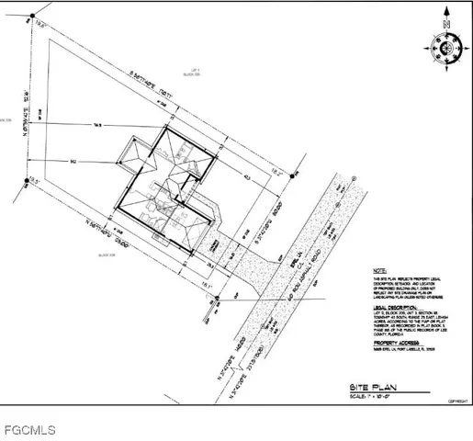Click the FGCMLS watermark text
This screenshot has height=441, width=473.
(x=29, y=429)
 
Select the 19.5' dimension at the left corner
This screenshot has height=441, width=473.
(x=35, y=181)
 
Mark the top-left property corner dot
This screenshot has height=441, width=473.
(x=30, y=18)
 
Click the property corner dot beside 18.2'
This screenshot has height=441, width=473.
(x=294, y=174)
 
